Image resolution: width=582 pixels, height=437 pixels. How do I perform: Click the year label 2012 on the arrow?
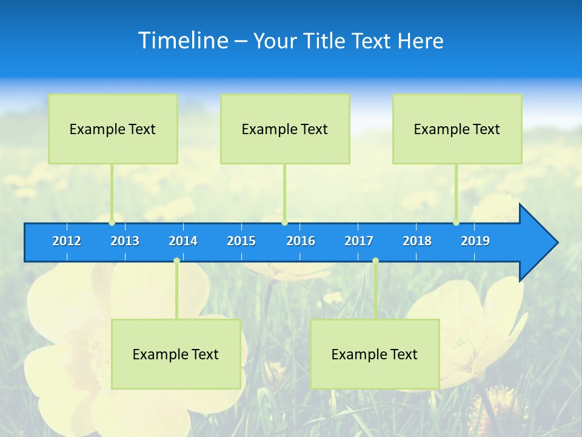(67, 241)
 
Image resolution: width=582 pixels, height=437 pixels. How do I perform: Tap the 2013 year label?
(125, 241)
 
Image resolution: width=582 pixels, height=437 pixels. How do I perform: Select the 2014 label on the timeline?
(183, 241)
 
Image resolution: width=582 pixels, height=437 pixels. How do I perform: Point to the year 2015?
(241, 241)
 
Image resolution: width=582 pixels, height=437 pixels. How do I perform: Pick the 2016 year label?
(301, 241)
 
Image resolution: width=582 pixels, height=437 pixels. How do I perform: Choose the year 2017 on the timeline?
(359, 241)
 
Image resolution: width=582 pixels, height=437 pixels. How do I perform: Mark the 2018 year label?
(417, 241)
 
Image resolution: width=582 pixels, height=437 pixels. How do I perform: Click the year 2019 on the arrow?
(475, 241)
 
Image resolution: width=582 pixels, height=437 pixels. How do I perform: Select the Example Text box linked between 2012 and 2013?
(113, 129)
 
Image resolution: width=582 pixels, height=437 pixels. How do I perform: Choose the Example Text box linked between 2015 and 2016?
(285, 129)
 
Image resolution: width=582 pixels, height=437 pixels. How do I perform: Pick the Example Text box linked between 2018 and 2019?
(457, 129)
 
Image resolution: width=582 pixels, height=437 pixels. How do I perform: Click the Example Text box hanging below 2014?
(176, 354)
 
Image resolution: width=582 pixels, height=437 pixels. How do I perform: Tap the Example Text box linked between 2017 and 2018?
(375, 354)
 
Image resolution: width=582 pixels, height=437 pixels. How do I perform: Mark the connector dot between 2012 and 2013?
(112, 222)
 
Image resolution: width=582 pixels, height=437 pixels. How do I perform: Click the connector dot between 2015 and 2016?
(284, 222)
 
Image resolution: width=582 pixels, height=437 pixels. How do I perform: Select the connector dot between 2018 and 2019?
(456, 222)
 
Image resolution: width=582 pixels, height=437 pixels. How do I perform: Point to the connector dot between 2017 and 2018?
(375, 261)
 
